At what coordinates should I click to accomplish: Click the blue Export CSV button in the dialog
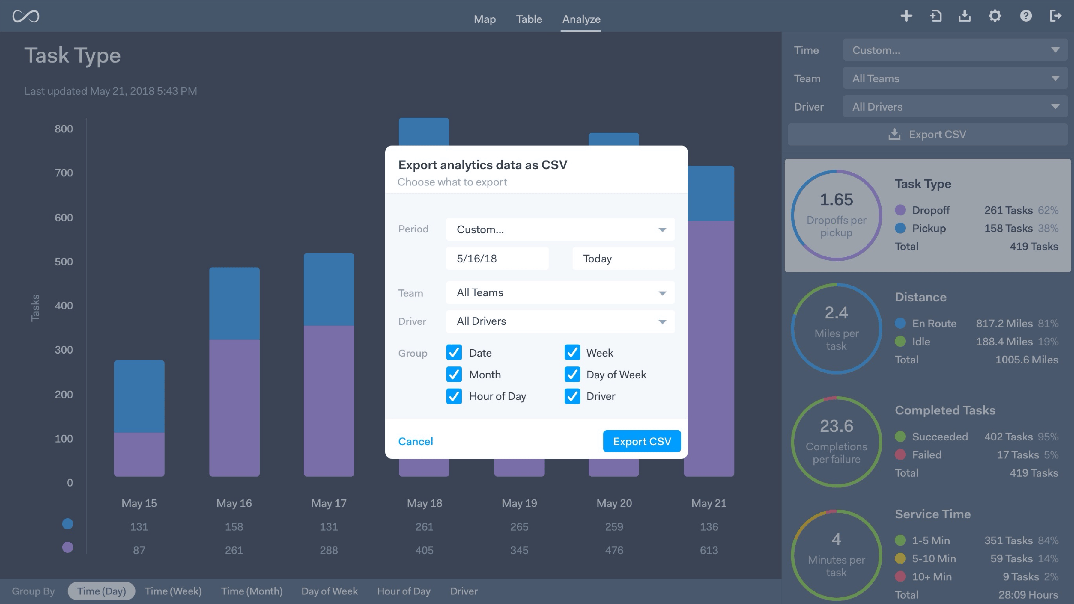(642, 441)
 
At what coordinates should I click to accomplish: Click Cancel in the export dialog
(415, 441)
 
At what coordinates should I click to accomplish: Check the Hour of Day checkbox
(454, 396)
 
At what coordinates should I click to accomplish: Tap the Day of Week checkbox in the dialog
(572, 375)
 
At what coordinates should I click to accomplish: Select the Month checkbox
(454, 375)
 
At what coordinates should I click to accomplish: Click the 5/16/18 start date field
(497, 258)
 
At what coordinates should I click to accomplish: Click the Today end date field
(623, 258)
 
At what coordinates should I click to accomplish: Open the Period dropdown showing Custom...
(560, 229)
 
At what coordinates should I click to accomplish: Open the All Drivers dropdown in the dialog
(560, 321)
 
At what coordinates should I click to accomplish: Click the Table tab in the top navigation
(529, 19)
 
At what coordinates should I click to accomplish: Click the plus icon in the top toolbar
(906, 16)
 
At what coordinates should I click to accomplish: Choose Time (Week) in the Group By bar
(173, 591)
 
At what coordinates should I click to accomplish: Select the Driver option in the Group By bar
(464, 591)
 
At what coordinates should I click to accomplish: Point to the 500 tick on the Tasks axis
(64, 262)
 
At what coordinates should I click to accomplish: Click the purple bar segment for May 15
(139, 454)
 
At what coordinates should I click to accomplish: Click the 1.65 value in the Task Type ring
(836, 200)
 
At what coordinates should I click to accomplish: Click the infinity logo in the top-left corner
(26, 16)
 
